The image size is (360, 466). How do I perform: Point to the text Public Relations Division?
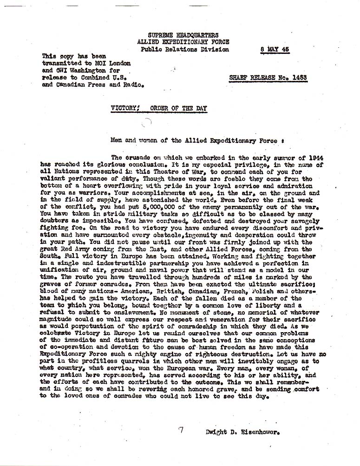[185, 49]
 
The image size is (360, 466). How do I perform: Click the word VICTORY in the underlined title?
[124, 108]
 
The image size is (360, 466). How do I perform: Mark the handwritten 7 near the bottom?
[181, 430]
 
